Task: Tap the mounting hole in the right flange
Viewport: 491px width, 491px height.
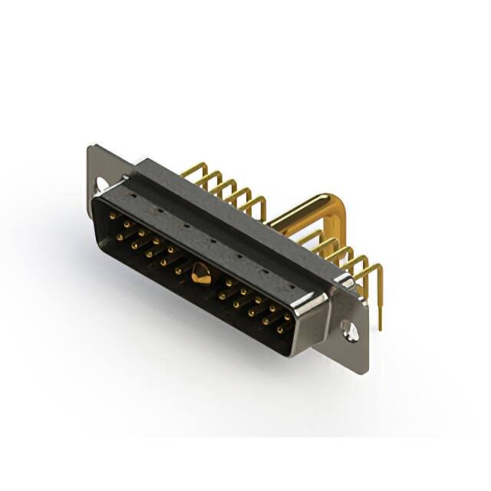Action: click(350, 331)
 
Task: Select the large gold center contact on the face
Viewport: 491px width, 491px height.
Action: click(201, 272)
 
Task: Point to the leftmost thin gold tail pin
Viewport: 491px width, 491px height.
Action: click(192, 170)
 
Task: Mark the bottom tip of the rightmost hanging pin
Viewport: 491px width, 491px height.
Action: click(380, 328)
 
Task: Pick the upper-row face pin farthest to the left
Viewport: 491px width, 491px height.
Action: click(112, 216)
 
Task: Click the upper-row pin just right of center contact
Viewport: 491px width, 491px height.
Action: click(229, 283)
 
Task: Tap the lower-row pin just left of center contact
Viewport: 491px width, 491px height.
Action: click(179, 270)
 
